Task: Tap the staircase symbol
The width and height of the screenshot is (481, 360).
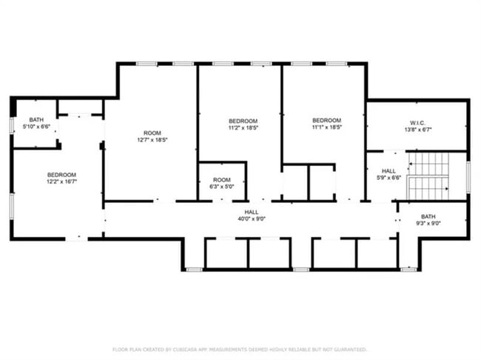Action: (x=428, y=176)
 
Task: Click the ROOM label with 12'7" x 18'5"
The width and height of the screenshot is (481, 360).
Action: (x=148, y=133)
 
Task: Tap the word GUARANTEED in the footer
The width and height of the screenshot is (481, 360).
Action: (x=349, y=350)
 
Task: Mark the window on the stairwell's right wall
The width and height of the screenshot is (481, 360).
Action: (x=468, y=176)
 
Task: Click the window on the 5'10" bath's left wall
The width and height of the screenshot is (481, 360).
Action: (x=11, y=124)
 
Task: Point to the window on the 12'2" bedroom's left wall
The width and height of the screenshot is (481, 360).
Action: (x=11, y=206)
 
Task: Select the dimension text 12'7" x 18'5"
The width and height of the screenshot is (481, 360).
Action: (x=148, y=140)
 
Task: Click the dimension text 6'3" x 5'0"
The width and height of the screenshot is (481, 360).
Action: (x=222, y=187)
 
